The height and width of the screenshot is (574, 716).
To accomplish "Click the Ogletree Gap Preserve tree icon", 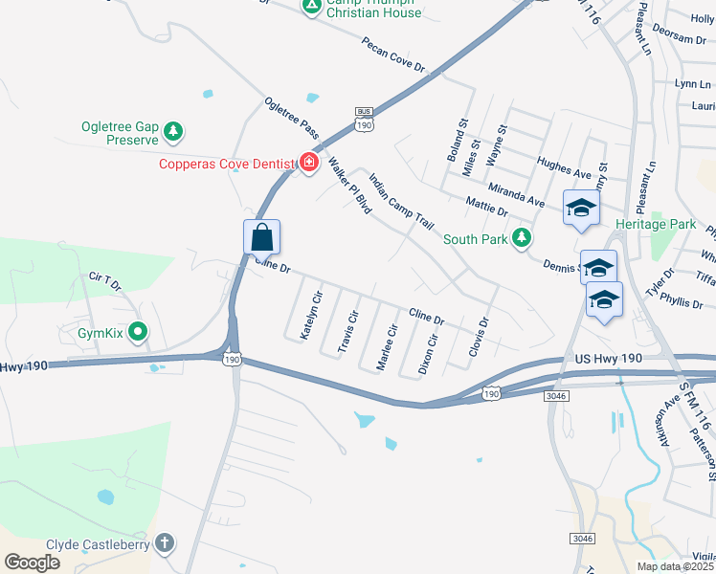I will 172,131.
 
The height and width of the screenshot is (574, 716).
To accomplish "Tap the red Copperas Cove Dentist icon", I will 308,164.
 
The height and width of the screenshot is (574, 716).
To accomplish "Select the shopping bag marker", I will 261,237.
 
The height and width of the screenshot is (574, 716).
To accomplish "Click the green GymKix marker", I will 138,333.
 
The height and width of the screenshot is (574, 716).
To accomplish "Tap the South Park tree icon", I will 521,237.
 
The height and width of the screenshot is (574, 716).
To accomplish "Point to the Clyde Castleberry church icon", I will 166,543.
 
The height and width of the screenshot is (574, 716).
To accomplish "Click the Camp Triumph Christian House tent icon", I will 311,6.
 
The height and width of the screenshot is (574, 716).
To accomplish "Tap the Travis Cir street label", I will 348,331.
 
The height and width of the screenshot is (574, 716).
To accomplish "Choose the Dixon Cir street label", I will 428,354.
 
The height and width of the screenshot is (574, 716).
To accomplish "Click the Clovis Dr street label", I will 479,338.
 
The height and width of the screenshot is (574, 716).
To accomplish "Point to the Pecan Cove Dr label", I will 406,56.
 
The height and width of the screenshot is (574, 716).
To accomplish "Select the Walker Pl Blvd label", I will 348,185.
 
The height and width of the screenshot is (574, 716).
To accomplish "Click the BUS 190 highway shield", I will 363,120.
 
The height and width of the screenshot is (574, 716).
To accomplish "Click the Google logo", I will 32,563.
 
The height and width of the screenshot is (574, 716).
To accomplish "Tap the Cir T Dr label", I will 106,281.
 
